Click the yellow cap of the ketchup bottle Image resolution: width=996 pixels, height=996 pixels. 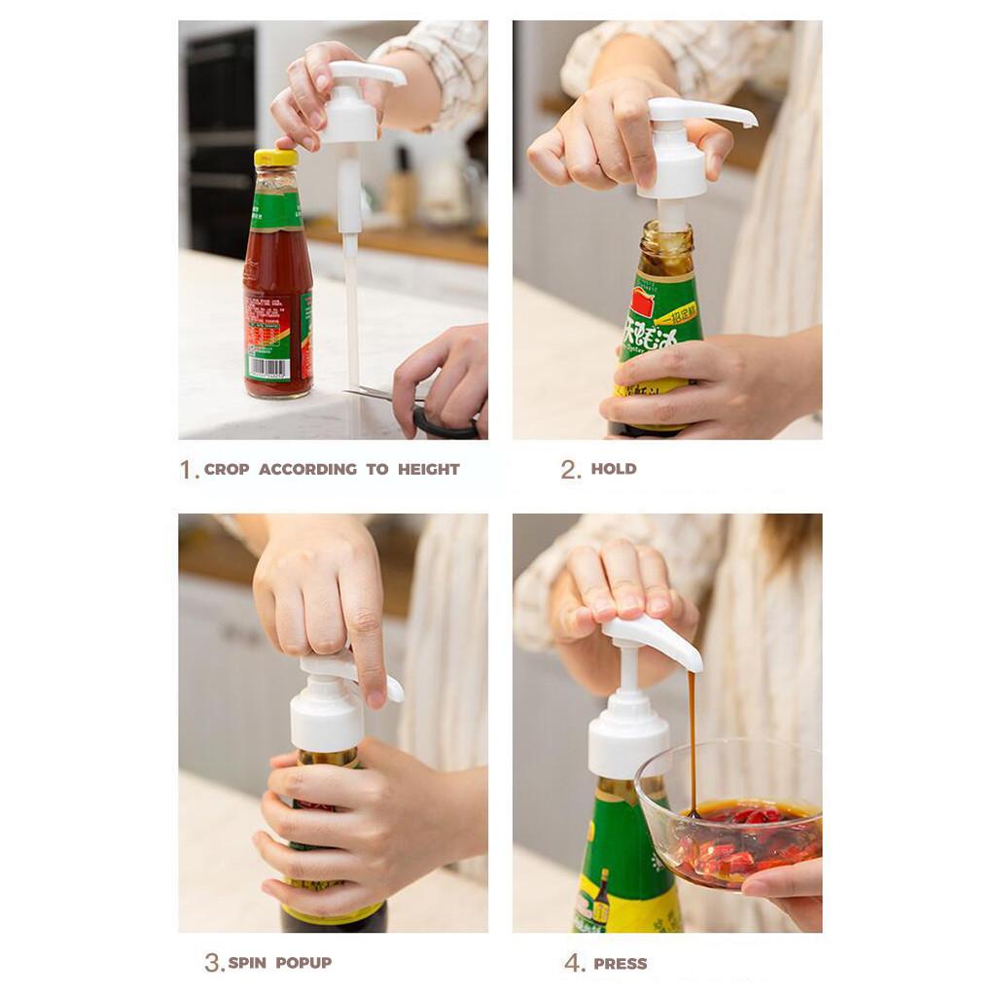(275, 158)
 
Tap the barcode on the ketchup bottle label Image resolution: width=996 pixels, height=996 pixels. (268, 369)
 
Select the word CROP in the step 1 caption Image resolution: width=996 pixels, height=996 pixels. (227, 469)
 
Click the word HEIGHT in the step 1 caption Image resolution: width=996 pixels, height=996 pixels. (428, 469)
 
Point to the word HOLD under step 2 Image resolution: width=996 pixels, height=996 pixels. (614, 469)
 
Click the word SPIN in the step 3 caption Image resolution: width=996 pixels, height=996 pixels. (247, 963)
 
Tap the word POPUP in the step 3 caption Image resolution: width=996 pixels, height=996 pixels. (303, 963)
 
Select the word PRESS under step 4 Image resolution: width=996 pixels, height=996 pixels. (621, 964)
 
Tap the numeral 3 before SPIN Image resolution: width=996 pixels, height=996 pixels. (212, 963)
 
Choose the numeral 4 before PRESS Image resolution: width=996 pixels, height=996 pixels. (573, 964)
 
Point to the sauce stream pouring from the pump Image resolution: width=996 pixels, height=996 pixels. (693, 739)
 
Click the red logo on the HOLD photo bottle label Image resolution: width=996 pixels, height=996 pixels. (643, 299)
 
